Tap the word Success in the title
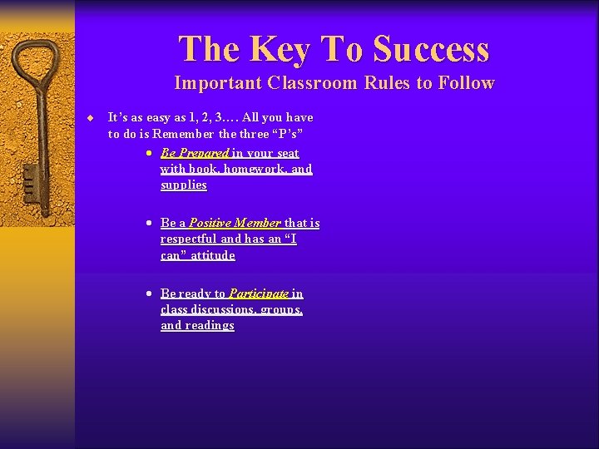tap(431, 49)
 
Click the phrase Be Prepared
tap(195, 153)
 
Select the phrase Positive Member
tap(235, 223)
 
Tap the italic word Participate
tap(259, 294)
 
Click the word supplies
tap(184, 185)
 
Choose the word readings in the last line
tap(210, 325)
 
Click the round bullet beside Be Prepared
tap(147, 154)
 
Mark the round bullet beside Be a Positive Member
tap(147, 224)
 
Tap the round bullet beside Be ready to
tap(147, 294)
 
